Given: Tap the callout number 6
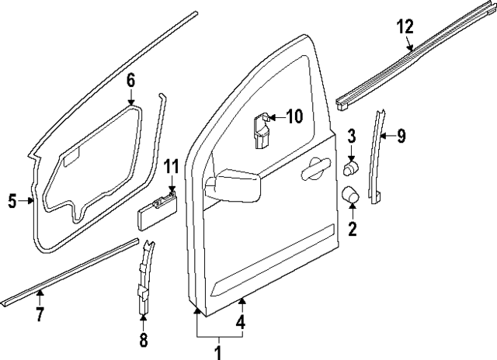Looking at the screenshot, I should click(130, 80).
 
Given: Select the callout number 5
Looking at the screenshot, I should click(12, 202).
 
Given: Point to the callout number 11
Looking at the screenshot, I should click(171, 166).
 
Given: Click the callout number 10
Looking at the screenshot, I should click(293, 117).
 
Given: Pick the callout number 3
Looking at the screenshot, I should click(351, 137).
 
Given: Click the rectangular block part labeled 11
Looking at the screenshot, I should click(155, 207).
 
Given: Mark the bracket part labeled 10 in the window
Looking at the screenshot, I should click(262, 129).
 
